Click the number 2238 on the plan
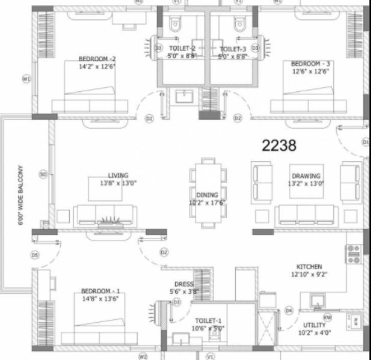coord(280,145)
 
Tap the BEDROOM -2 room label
coord(96,59)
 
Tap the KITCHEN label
coord(309,266)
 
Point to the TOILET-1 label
coord(208,322)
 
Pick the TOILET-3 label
coord(233,49)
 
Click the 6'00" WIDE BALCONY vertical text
coord(20,195)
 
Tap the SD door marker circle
coord(43,174)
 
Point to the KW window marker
coord(327,317)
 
